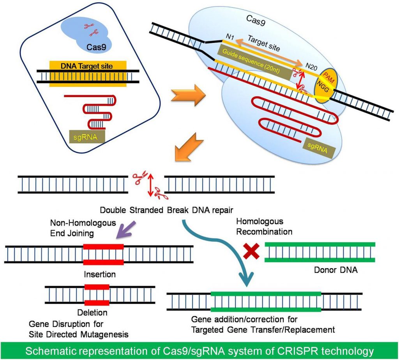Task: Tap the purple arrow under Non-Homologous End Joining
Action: tap(127, 230)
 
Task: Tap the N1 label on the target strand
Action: tap(230, 37)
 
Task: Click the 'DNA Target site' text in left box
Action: tap(87, 66)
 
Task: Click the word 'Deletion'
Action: tap(92, 312)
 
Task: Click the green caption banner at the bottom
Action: tap(199, 351)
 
